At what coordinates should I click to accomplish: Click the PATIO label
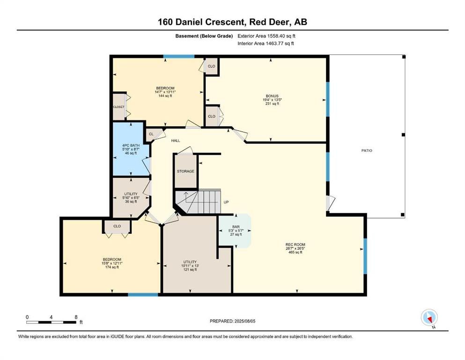click(367, 150)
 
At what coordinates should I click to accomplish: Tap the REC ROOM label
click(295, 245)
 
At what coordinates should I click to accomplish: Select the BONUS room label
click(272, 96)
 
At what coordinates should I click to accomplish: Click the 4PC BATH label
click(131, 145)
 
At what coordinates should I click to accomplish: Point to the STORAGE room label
click(185, 171)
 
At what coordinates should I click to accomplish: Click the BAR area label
click(236, 227)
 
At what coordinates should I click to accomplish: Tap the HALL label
click(175, 141)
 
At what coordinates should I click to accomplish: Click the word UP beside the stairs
click(226, 202)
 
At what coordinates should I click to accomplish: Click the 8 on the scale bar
click(76, 317)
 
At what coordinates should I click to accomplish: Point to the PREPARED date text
click(232, 321)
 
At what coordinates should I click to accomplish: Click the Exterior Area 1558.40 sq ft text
click(266, 36)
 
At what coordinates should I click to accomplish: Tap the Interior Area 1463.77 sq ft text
click(266, 43)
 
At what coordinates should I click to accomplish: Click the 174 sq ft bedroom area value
click(112, 267)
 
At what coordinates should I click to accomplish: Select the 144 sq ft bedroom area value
click(165, 96)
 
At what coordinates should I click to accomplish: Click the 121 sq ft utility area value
click(190, 270)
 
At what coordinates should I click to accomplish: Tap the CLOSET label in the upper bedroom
click(118, 107)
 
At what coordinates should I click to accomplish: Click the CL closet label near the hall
click(151, 134)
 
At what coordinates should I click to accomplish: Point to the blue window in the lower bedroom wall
click(143, 294)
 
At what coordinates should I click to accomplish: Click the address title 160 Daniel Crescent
click(202, 22)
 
